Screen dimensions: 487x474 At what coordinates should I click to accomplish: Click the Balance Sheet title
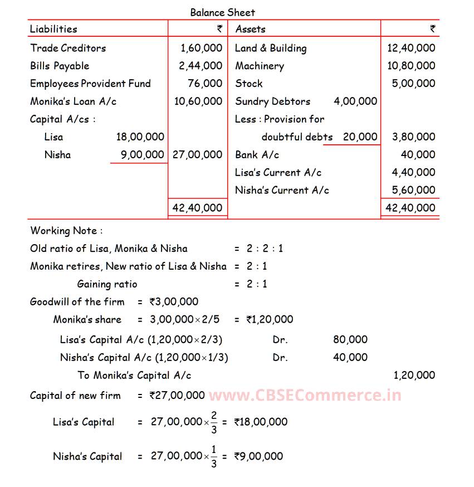(223, 12)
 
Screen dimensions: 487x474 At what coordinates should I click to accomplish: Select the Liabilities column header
(53, 29)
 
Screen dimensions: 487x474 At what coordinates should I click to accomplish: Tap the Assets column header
(250, 29)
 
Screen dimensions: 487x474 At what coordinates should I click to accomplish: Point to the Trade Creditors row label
(68, 48)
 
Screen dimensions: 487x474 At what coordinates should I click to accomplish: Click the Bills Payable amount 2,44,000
(201, 66)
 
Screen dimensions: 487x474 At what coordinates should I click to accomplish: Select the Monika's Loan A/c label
(73, 101)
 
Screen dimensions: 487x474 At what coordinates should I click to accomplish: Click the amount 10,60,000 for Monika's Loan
(198, 101)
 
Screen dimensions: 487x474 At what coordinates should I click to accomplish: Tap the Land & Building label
(271, 48)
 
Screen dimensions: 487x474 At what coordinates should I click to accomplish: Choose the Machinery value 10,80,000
(411, 66)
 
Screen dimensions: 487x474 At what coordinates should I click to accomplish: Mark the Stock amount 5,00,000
(413, 84)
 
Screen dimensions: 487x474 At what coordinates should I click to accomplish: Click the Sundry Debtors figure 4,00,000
(355, 101)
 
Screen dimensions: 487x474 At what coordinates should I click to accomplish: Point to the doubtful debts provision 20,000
(360, 137)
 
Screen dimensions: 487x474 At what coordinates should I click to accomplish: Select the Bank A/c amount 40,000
(418, 154)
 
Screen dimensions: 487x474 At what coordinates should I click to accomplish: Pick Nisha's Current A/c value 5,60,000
(413, 190)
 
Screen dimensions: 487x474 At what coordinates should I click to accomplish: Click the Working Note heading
(66, 231)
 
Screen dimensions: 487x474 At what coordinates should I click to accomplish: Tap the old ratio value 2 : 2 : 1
(265, 249)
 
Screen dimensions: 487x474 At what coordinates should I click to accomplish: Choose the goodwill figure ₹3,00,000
(174, 302)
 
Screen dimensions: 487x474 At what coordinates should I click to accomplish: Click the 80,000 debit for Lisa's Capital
(350, 339)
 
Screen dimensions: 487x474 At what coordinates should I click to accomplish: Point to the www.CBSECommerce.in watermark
(305, 396)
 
